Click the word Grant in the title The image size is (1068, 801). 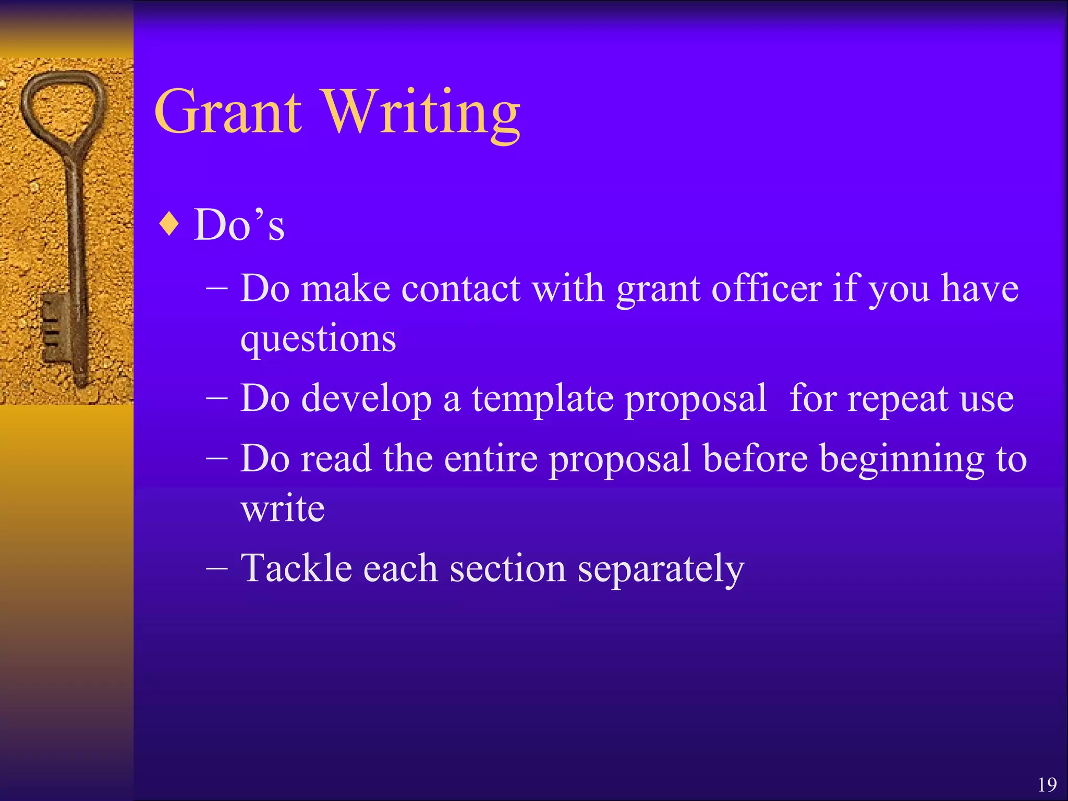click(x=228, y=112)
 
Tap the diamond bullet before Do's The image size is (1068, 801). click(x=170, y=224)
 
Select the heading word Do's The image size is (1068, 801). click(x=239, y=225)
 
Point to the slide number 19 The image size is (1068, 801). click(x=1047, y=784)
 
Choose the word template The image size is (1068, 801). click(x=542, y=399)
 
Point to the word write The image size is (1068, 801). click(x=283, y=508)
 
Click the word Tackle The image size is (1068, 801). click(x=295, y=568)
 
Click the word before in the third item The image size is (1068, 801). click(x=755, y=458)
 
